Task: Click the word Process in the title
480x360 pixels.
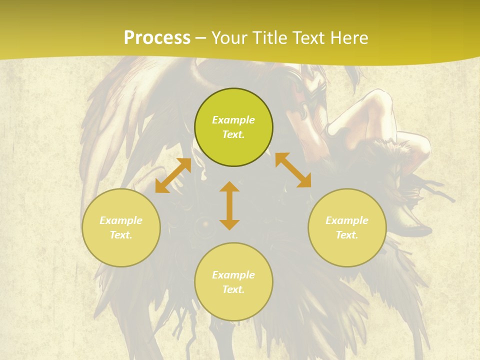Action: [157, 38]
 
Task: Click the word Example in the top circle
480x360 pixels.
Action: [233, 120]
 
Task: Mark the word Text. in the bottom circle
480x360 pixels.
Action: [233, 289]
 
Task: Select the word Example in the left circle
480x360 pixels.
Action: [121, 220]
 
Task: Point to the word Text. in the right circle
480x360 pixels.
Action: [347, 235]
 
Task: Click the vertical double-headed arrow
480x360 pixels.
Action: [229, 205]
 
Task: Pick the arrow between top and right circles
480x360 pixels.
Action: [293, 170]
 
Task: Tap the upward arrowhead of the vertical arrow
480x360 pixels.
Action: [229, 186]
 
